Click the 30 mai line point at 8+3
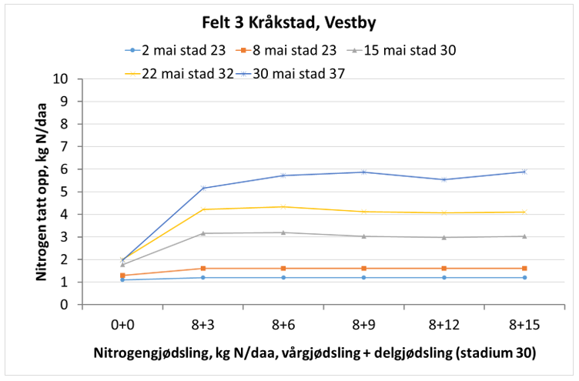[203, 188]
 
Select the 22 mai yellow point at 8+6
[283, 206]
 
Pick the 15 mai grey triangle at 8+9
[363, 236]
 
